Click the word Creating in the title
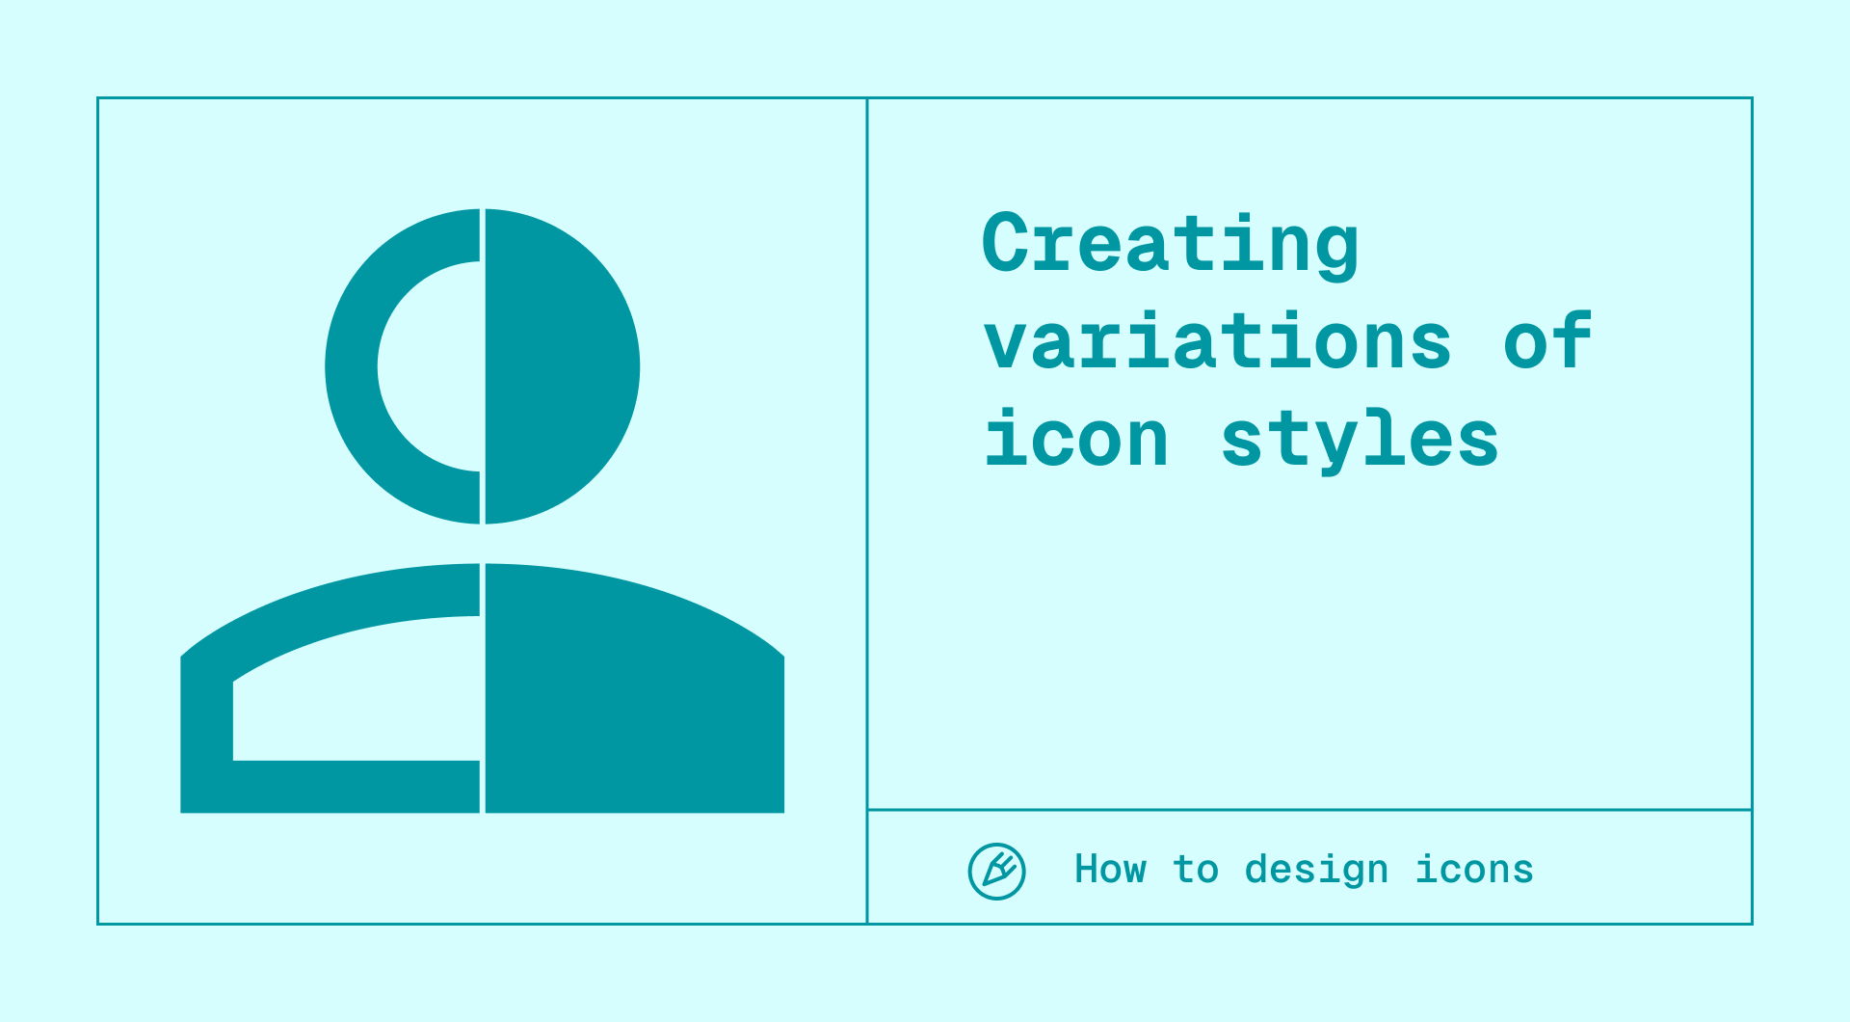click(x=1170, y=243)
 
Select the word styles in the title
click(x=1360, y=440)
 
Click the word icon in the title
click(x=1076, y=440)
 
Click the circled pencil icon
click(x=996, y=872)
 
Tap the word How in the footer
click(x=1110, y=870)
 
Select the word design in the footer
click(x=1316, y=870)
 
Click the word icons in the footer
click(x=1474, y=870)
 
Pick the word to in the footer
click(x=1196, y=870)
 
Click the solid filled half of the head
click(x=559, y=366)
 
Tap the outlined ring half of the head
click(x=353, y=366)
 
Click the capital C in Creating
click(x=1005, y=243)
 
